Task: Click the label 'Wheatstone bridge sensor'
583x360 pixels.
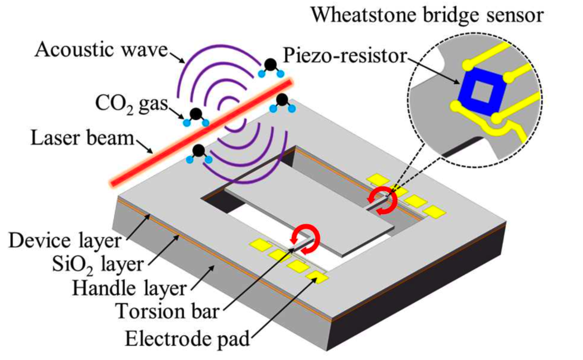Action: [427, 15]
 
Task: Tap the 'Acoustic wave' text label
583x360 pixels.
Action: [101, 50]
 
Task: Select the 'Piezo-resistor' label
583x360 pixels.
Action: [345, 56]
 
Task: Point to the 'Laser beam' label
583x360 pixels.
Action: [82, 138]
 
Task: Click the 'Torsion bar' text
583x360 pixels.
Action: [167, 311]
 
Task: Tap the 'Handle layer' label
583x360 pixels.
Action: [129, 288]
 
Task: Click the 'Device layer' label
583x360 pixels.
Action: [65, 241]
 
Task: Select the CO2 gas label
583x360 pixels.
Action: [132, 104]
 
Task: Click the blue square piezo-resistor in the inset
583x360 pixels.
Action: [482, 92]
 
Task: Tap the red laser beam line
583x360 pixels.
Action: [201, 133]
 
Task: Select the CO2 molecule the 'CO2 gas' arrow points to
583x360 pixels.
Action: [195, 117]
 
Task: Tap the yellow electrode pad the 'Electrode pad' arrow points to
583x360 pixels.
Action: [316, 277]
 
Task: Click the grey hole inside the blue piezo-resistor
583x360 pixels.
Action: [482, 92]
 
